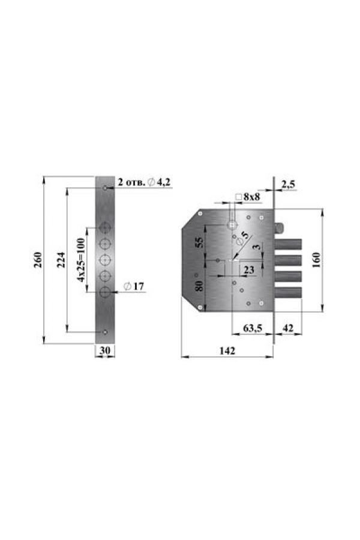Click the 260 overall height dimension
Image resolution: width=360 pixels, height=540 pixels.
coord(38,260)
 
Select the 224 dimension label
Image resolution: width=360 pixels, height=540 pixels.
coord(61,260)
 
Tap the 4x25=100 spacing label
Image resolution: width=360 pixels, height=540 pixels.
coord(80,260)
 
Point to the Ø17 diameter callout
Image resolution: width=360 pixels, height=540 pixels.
coord(134,286)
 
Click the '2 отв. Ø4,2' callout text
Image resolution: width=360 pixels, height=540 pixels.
coord(144,182)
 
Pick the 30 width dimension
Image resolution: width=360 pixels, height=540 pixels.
coord(105,350)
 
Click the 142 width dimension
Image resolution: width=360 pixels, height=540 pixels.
coord(227,350)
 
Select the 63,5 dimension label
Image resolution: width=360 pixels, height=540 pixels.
coord(253,328)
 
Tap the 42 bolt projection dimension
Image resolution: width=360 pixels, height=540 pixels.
coord(288,328)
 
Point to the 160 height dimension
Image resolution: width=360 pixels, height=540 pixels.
coord(316,260)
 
